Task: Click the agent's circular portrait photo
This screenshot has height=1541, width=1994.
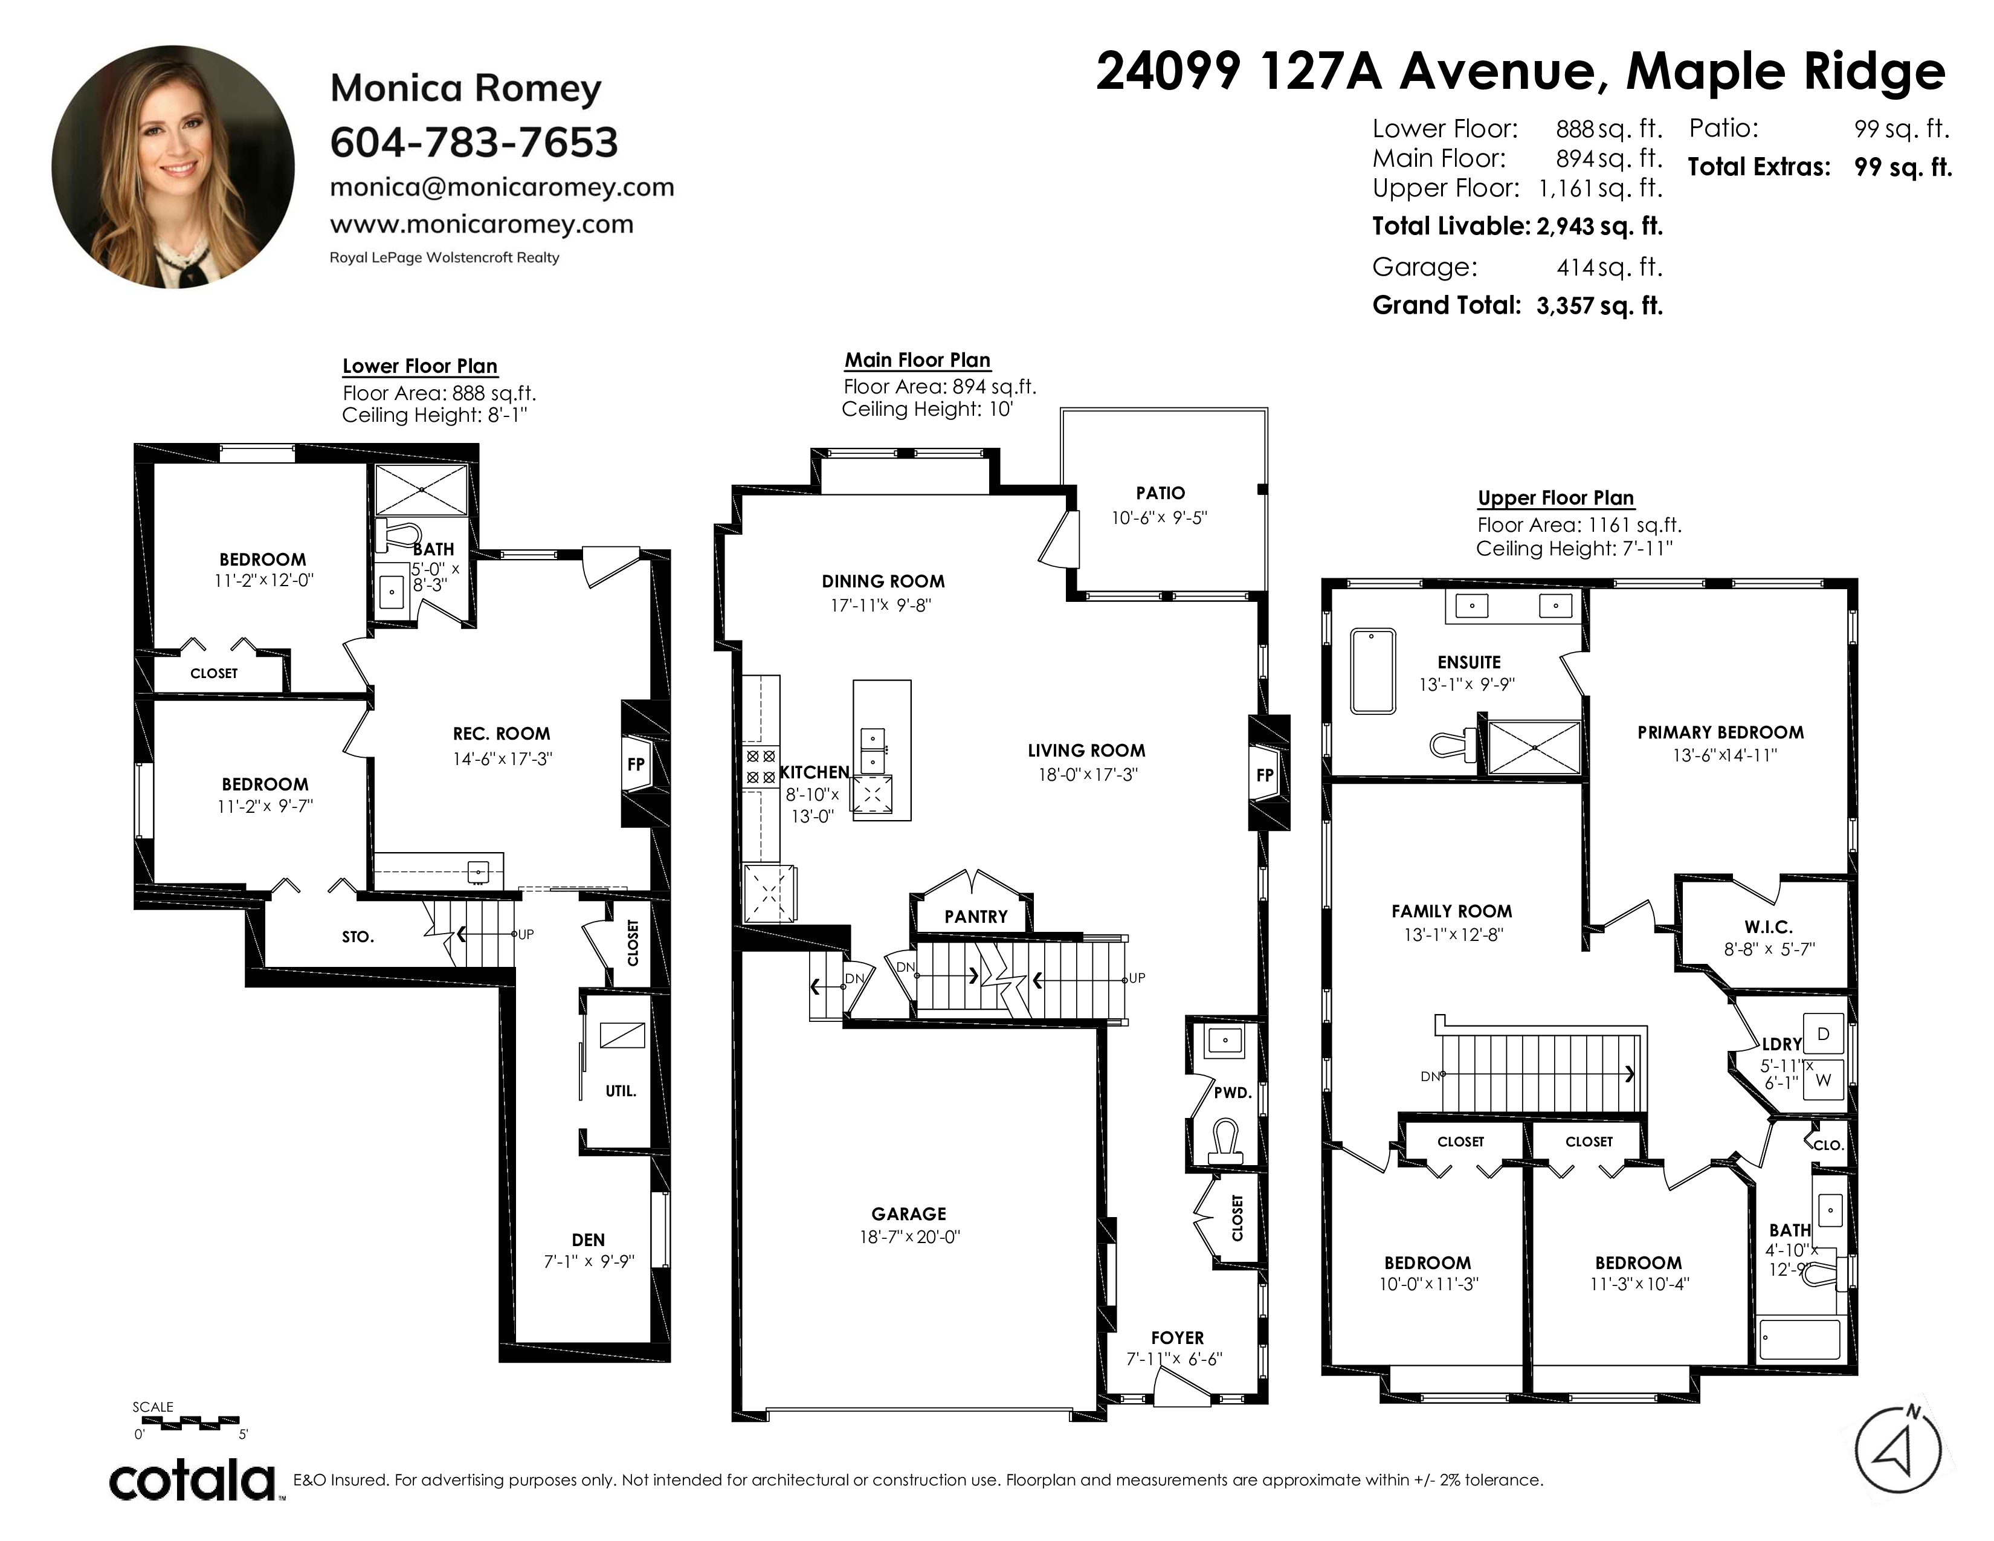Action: click(173, 167)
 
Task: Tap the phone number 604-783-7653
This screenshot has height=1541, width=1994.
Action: click(474, 143)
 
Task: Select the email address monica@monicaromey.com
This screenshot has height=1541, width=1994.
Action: click(502, 187)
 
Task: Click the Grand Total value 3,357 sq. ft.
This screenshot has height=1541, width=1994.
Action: click(1599, 306)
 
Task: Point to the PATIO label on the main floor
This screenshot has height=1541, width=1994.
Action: click(1160, 493)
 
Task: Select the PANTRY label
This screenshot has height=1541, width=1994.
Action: click(976, 917)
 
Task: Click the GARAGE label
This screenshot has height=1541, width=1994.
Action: click(908, 1214)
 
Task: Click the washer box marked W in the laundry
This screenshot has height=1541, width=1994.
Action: click(1823, 1080)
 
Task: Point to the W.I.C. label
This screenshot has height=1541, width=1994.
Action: click(1769, 926)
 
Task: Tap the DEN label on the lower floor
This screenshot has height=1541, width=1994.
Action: click(588, 1239)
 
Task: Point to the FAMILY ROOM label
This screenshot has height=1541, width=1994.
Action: click(1451, 911)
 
